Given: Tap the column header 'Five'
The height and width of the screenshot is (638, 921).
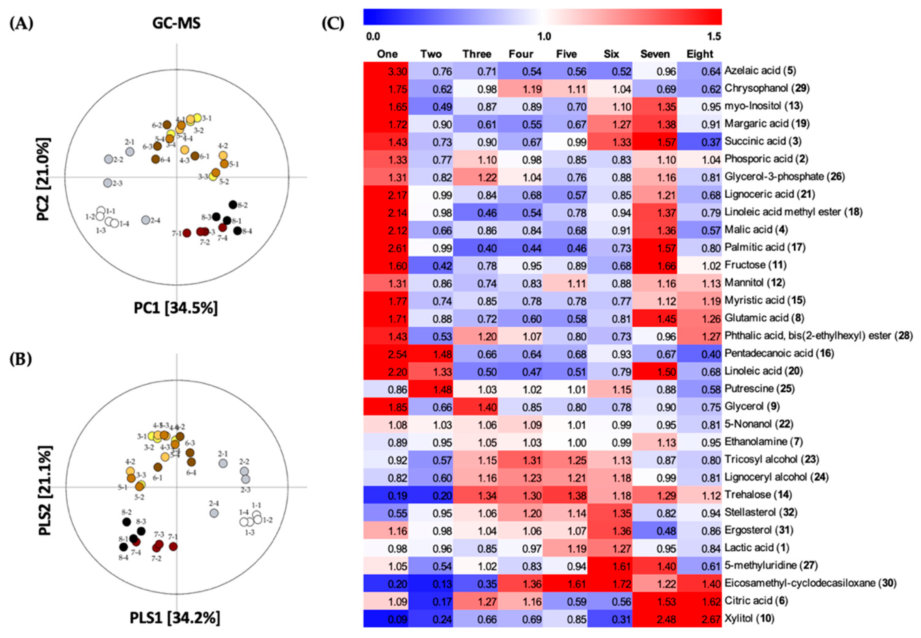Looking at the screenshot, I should pyautogui.click(x=566, y=54).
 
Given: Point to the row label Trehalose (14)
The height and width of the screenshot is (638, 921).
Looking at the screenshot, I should pyautogui.click(x=758, y=495).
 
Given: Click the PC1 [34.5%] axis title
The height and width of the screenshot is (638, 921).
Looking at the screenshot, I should pyautogui.click(x=175, y=308).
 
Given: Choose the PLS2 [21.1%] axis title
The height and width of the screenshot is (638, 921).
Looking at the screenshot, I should pyautogui.click(x=44, y=490).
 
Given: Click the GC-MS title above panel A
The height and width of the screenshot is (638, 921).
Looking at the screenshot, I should pyautogui.click(x=176, y=23).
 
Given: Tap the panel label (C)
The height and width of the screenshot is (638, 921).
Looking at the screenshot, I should pyautogui.click(x=333, y=24).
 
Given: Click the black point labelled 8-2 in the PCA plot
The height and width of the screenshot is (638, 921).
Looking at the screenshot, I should pyautogui.click(x=233, y=204).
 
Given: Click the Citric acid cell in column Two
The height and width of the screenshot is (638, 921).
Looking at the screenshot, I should pyautogui.click(x=431, y=601).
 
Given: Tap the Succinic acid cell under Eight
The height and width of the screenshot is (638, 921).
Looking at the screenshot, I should pyautogui.click(x=699, y=142).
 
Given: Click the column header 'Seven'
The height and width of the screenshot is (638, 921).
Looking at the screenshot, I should pyautogui.click(x=655, y=54).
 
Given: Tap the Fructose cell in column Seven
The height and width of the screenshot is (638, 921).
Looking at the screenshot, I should pyautogui.click(x=655, y=266).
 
